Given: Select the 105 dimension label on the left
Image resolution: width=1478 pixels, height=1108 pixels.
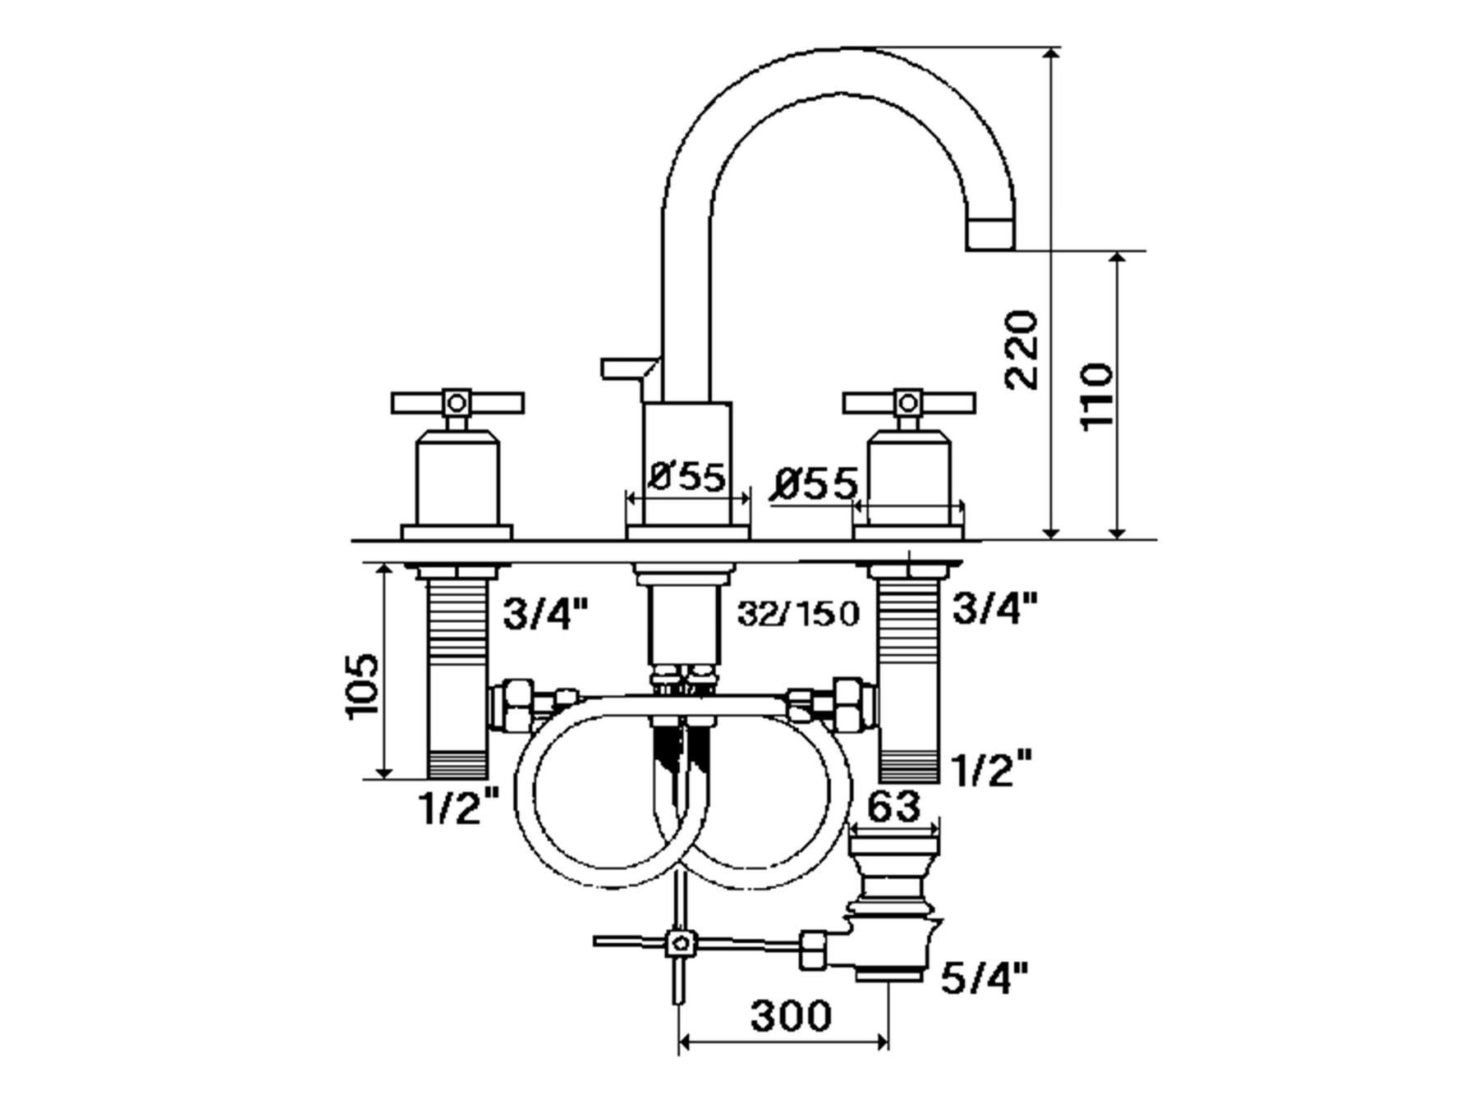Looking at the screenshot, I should (362, 686).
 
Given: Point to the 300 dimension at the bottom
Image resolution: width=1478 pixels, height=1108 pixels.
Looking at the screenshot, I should (791, 1016).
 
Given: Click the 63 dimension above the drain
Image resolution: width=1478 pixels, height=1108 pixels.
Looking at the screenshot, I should (893, 808).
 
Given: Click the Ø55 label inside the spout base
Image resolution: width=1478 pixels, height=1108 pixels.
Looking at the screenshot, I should (688, 477).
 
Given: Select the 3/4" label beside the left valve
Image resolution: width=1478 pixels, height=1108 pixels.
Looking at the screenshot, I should (545, 613).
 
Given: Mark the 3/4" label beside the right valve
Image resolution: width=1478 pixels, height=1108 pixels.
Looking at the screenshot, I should (994, 608).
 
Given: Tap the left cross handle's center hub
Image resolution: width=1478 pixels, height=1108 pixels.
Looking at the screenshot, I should (457, 402).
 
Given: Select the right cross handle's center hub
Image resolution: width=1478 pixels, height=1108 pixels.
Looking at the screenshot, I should (907, 402).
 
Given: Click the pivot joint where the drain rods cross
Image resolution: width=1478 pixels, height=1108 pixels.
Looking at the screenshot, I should (678, 943).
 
